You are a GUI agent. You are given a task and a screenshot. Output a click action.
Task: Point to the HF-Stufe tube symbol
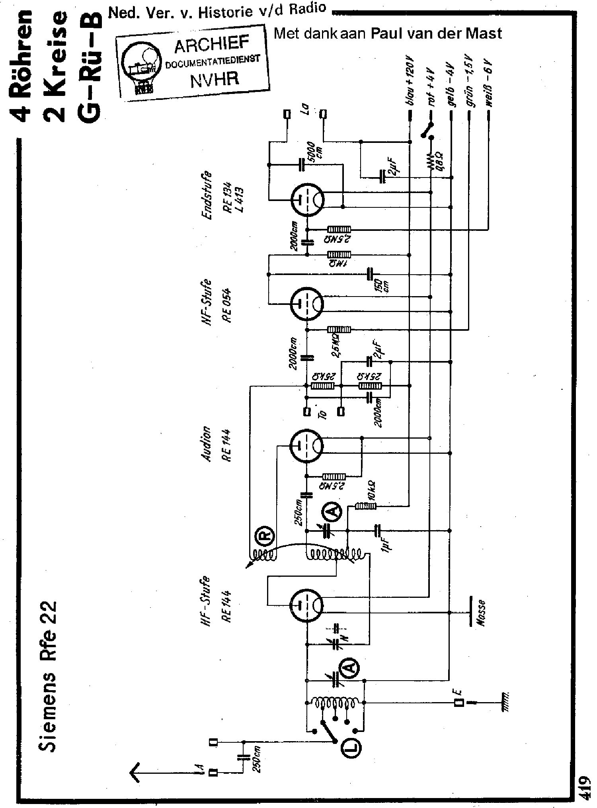(307, 606)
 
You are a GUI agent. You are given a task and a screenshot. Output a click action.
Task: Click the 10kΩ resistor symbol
(365, 506)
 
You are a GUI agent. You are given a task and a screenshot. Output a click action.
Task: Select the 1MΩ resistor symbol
(339, 254)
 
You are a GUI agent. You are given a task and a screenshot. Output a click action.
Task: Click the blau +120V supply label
(410, 82)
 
